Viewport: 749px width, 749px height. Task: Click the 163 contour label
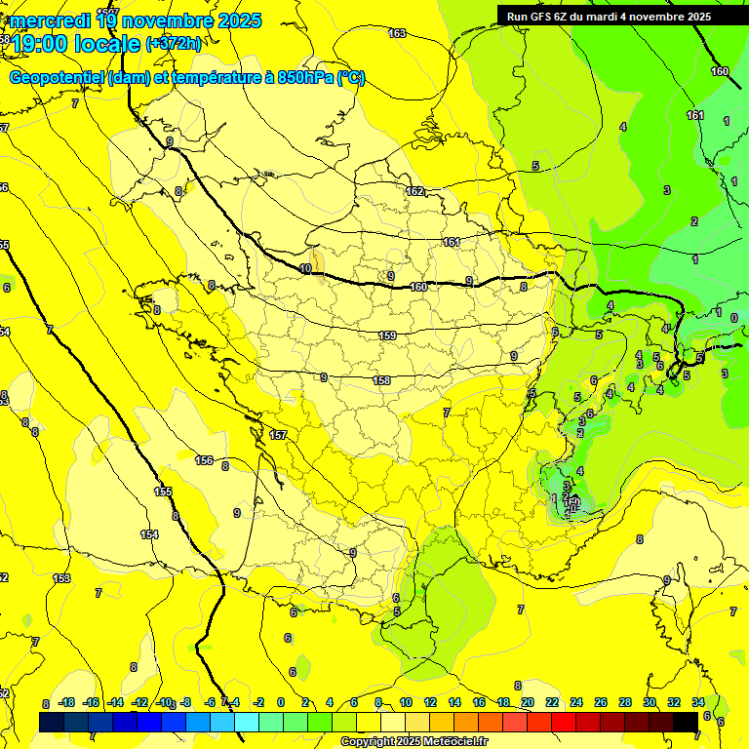pyautogui.click(x=397, y=34)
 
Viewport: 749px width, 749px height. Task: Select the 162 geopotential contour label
pyautogui.click(x=414, y=192)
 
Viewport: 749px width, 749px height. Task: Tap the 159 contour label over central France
pyautogui.click(x=387, y=336)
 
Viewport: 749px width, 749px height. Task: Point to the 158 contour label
pyautogui.click(x=382, y=381)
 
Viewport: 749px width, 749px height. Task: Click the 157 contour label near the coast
pyautogui.click(x=278, y=435)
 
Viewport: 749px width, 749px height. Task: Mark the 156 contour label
pyautogui.click(x=205, y=460)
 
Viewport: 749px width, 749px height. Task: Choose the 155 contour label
pyautogui.click(x=163, y=493)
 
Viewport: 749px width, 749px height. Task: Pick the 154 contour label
pyautogui.click(x=149, y=534)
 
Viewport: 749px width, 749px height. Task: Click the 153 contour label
pyautogui.click(x=61, y=578)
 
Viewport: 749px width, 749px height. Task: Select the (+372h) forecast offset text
pyautogui.click(x=174, y=44)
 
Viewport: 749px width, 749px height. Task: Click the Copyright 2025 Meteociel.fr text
pyautogui.click(x=414, y=742)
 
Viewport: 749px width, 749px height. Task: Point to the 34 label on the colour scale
pyautogui.click(x=697, y=702)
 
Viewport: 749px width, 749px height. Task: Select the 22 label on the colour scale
pyautogui.click(x=552, y=702)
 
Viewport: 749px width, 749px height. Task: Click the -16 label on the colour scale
pyautogui.click(x=92, y=702)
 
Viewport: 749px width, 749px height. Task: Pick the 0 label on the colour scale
pyautogui.click(x=281, y=702)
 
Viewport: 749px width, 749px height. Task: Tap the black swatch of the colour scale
pyautogui.click(x=685, y=722)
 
